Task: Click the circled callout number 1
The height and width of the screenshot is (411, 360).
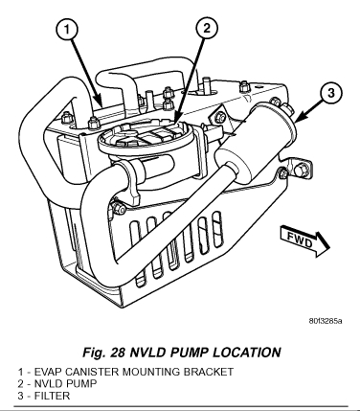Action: click(x=67, y=30)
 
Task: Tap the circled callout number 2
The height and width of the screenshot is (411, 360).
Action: click(x=207, y=29)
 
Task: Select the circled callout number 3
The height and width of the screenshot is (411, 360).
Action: click(x=331, y=93)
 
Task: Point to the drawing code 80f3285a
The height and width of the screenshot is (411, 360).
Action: click(x=326, y=321)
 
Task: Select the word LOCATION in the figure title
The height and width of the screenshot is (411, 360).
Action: click(x=247, y=353)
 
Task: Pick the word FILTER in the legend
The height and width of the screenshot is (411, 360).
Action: click(x=52, y=396)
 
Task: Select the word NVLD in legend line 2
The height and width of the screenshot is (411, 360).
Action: click(x=49, y=384)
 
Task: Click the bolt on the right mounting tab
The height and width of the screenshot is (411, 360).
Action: click(x=300, y=170)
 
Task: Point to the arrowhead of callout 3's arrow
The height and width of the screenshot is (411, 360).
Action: click(x=299, y=120)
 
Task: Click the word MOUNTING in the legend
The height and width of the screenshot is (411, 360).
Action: click(x=151, y=372)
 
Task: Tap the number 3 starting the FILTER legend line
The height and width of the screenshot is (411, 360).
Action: click(x=20, y=396)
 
